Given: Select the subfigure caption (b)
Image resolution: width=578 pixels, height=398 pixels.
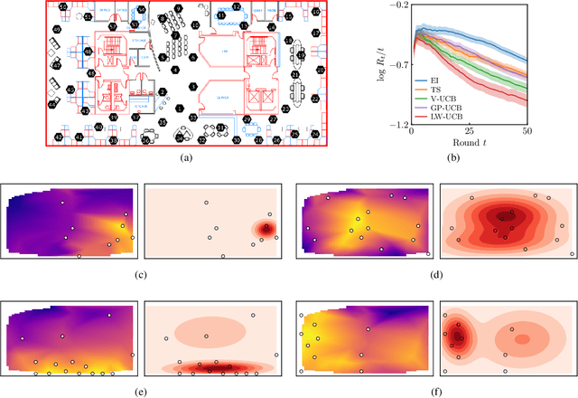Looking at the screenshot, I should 468,158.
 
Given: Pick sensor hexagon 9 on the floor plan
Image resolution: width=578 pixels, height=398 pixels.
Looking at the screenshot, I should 177,8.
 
